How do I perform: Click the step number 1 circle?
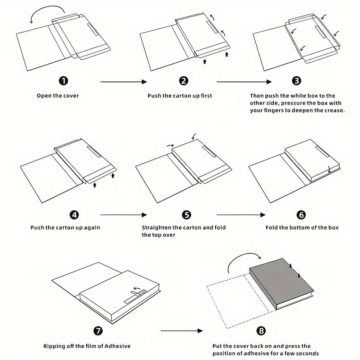tap(63, 81)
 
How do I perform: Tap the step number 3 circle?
tap(297, 81)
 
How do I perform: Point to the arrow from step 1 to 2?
tap(123, 82)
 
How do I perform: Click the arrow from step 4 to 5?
tap(123, 215)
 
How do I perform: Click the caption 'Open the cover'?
tap(58, 96)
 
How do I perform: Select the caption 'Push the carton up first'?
tap(180, 96)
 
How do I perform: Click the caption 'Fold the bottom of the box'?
tap(302, 228)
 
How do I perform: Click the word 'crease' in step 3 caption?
tap(334, 111)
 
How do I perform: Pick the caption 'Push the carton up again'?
tap(65, 228)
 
